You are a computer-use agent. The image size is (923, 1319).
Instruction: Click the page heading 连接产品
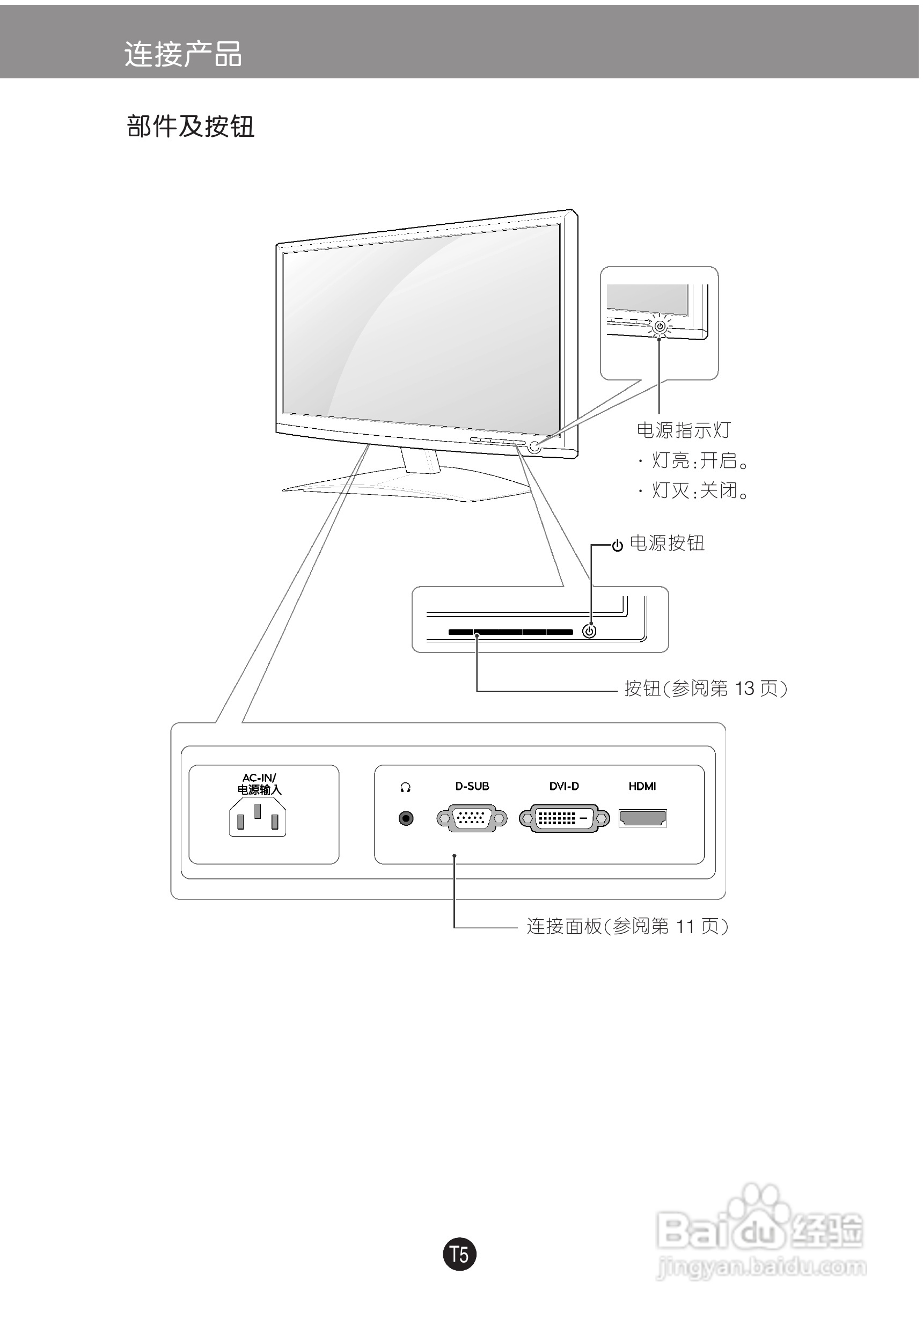click(x=182, y=55)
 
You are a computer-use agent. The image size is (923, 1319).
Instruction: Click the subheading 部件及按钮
click(x=190, y=127)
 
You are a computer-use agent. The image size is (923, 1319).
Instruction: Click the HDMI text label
click(x=642, y=786)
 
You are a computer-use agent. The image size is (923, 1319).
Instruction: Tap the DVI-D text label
click(x=563, y=786)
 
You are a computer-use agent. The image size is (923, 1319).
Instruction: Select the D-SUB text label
click(x=472, y=786)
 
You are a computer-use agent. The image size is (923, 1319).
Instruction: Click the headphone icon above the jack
click(x=406, y=787)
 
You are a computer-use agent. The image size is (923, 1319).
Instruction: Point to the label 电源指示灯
click(x=683, y=430)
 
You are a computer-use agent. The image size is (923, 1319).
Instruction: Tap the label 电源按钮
click(x=666, y=543)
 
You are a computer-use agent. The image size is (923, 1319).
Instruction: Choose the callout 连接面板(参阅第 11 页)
click(x=627, y=926)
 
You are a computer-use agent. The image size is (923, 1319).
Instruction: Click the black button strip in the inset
click(x=511, y=632)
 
